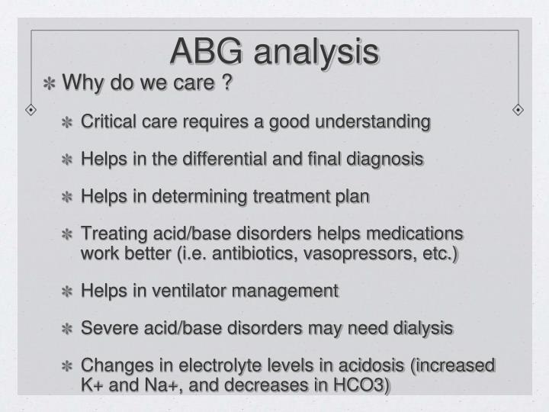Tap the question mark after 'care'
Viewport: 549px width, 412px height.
coord(226,82)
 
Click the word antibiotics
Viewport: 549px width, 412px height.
coord(247,253)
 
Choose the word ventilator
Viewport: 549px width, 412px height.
coord(192,290)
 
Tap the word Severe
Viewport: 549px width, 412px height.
coord(104,328)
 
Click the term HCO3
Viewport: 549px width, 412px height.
coord(361,384)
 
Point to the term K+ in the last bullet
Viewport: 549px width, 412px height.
coord(92,384)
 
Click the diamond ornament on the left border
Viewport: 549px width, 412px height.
coord(30,109)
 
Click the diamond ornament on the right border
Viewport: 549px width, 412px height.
coord(518,109)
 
